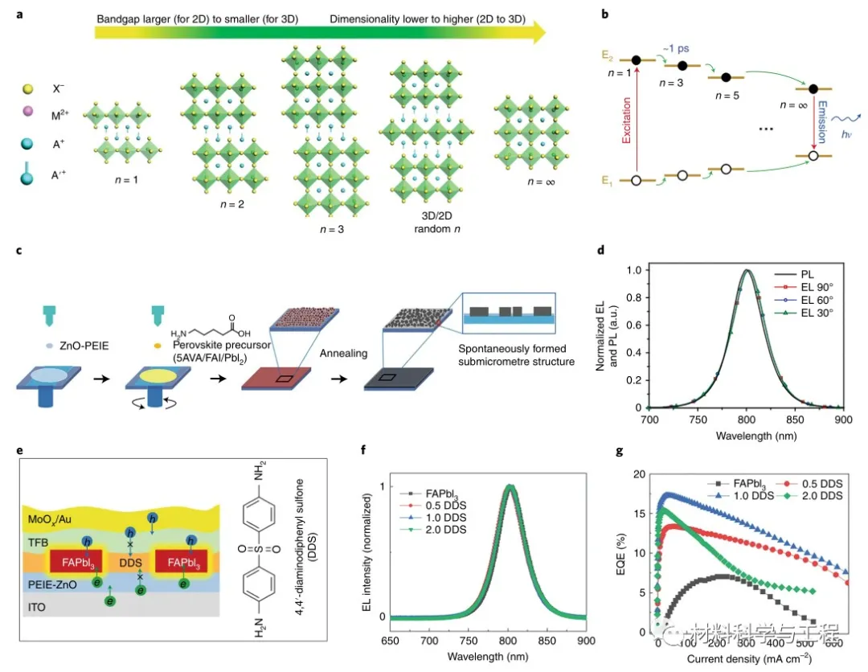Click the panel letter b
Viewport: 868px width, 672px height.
[605, 14]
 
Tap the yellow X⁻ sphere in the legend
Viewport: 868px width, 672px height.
[27, 89]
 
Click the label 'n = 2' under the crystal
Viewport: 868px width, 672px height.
[232, 204]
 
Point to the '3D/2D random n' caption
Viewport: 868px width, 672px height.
[436, 222]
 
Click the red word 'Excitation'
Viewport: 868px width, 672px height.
[627, 120]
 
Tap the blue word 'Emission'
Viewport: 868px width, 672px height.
[822, 121]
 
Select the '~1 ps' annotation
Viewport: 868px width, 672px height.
[676, 48]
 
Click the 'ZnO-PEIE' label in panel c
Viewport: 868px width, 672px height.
[84, 346]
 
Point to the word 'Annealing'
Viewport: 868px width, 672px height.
[343, 353]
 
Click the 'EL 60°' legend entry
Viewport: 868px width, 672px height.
[817, 300]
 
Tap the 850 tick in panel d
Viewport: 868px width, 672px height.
[795, 420]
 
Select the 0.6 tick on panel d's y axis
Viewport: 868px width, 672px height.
[634, 325]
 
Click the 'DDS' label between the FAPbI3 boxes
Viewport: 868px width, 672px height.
[131, 563]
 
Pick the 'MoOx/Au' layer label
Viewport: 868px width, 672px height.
[50, 519]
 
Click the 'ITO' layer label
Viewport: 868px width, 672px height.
[36, 607]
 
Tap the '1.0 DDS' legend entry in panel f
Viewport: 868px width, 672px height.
[445, 518]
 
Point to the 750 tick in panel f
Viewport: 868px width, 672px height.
[469, 641]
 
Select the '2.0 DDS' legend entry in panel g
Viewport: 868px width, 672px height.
[822, 496]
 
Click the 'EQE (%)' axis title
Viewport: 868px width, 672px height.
[620, 554]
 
